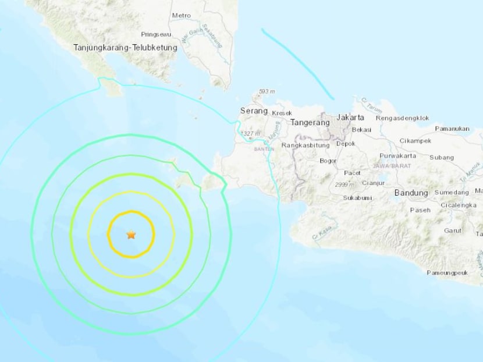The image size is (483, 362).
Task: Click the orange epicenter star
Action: click(x=131, y=235)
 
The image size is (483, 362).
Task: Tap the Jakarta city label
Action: click(x=350, y=117)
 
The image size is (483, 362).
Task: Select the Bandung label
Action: click(x=411, y=193)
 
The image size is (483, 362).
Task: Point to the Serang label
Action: click(x=254, y=111)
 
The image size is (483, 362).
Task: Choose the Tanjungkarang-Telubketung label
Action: click(x=125, y=48)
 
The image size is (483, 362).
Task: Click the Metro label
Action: click(x=181, y=15)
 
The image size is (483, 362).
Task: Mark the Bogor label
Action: click(x=328, y=161)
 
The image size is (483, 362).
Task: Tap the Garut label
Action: click(x=453, y=230)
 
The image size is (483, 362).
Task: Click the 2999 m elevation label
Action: click(x=346, y=184)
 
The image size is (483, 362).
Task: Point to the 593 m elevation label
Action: click(x=267, y=91)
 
